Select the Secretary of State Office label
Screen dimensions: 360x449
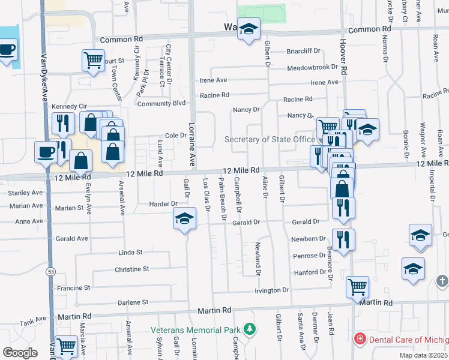coord(270,139)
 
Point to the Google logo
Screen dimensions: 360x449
coord(20,353)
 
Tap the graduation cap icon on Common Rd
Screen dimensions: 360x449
coord(248,29)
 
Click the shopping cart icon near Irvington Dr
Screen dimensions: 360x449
coord(357,287)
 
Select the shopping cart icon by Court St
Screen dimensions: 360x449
coord(93,60)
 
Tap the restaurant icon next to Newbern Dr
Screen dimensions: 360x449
coord(343,239)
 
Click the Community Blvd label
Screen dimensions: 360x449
coord(161,103)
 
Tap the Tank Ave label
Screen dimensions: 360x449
coord(35,319)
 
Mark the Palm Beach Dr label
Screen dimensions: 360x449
coord(221,198)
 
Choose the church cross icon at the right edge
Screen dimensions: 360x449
coord(442,281)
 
